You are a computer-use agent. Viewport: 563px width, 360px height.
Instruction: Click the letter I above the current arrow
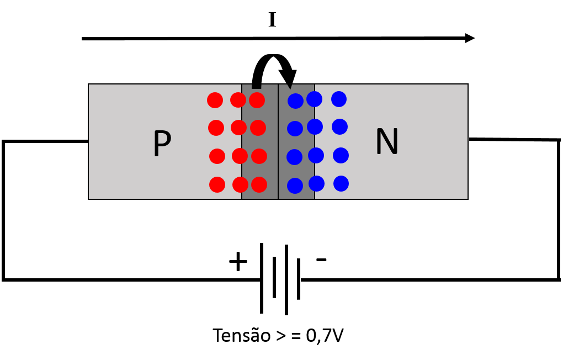coord(272,20)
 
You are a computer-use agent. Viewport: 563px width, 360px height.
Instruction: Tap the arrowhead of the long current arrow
coord(470,38)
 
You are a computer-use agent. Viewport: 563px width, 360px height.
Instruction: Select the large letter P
coord(162,143)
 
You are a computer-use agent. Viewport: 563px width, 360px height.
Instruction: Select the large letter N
coord(387,141)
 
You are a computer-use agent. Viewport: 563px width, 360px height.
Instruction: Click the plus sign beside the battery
coord(238,261)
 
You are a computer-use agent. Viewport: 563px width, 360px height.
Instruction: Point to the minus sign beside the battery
coord(321,260)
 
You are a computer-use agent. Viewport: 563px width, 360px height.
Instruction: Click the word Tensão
coord(241,335)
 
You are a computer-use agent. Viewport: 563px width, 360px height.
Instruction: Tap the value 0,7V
coord(325,336)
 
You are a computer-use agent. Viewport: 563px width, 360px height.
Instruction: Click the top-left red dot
coord(215,100)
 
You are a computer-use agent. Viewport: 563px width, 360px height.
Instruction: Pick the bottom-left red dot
coord(217,184)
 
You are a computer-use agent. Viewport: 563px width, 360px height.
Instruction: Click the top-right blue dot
coord(339,99)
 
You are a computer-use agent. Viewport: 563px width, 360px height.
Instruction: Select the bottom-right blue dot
coord(341,184)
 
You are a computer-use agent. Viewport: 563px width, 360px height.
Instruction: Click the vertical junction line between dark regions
coord(278,141)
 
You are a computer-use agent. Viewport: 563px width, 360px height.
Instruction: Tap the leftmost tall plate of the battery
coord(262,278)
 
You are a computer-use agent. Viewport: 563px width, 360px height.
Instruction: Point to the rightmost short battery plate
coord(299,279)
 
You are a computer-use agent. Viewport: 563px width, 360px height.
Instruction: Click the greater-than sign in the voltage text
coord(281,336)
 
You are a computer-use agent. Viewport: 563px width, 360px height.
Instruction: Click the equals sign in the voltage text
coord(296,336)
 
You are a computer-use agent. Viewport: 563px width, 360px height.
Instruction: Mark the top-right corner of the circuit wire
coord(559,140)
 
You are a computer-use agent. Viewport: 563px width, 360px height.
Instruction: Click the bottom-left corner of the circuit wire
coord(4,279)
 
